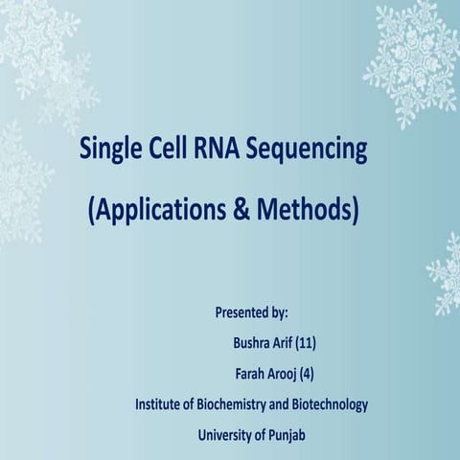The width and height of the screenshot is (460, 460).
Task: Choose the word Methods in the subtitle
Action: [x=309, y=209]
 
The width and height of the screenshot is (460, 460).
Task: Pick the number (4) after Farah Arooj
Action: [x=306, y=374]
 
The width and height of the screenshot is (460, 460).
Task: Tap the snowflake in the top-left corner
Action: [x=38, y=48]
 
